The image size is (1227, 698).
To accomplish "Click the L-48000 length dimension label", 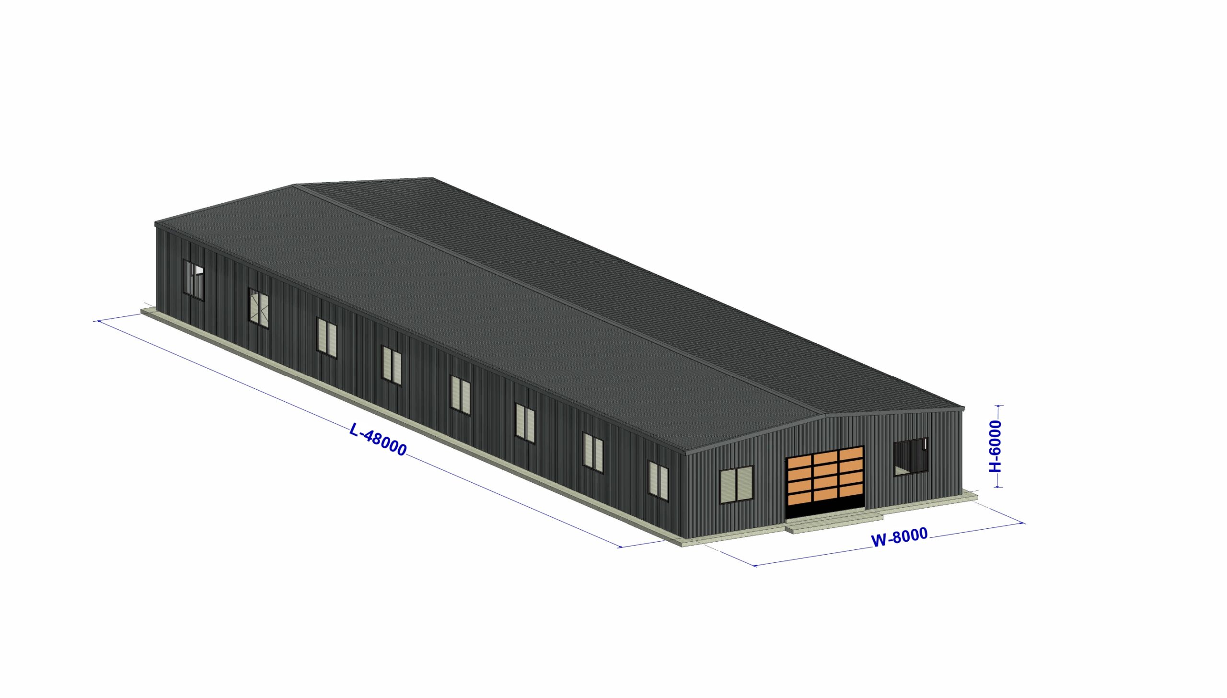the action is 378,439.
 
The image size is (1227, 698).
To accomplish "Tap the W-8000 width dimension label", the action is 899,536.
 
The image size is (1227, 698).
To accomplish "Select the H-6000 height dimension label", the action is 995,446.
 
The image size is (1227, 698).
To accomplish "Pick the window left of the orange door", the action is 737,484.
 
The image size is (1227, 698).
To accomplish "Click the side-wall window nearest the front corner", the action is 658,481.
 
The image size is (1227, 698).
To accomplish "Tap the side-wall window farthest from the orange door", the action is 194,280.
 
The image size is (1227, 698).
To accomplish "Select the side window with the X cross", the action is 259,308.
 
